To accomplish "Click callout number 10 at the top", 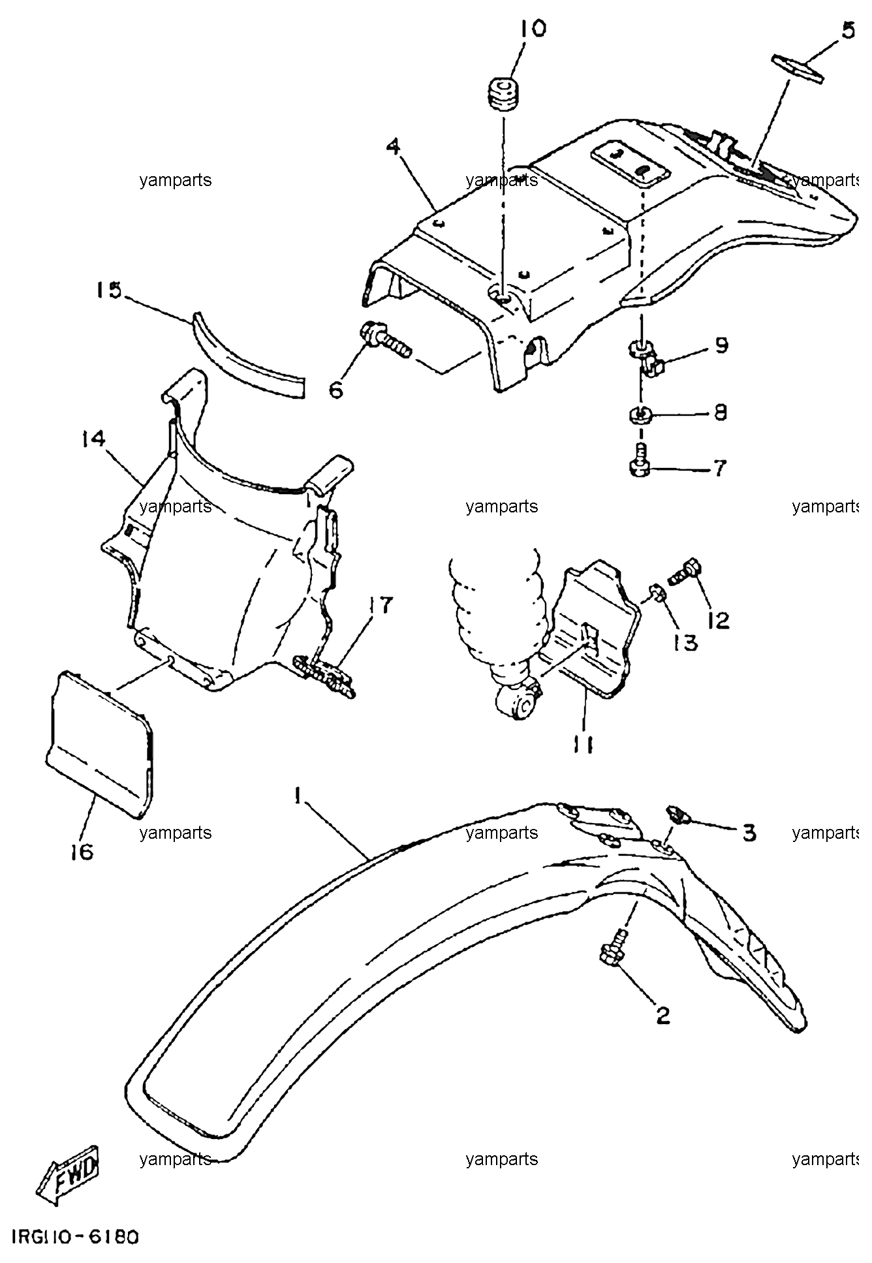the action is (533, 29).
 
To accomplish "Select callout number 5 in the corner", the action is (847, 31).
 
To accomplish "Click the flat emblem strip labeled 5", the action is (798, 69).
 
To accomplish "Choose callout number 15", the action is (109, 290).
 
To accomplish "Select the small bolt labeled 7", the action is (640, 460).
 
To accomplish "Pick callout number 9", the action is (721, 345).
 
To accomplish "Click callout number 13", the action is (685, 643).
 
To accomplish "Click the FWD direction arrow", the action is (67, 1176).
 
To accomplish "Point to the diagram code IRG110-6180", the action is (74, 1236).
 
